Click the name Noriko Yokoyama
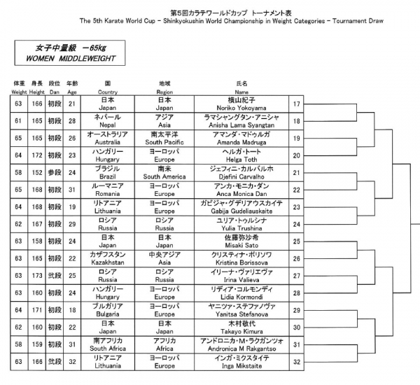pyautogui.click(x=241, y=108)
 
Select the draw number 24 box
pyautogui.click(x=296, y=224)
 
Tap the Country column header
pyautogui.click(x=107, y=92)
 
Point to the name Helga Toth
pyautogui.click(x=241, y=160)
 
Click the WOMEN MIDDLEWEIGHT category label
pyautogui.click(x=71, y=58)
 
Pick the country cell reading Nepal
pyautogui.click(x=107, y=125)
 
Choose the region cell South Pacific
pyautogui.click(x=164, y=142)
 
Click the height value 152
pyautogui.click(x=37, y=172)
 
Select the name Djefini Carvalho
pyautogui.click(x=241, y=177)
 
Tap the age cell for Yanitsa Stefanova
pyautogui.click(x=72, y=310)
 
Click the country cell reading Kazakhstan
pyautogui.click(x=107, y=262)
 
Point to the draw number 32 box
pyautogui.click(x=296, y=362)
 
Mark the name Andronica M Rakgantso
pyautogui.click(x=241, y=349)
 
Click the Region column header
pyautogui.click(x=164, y=92)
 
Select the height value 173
pyautogui.click(x=37, y=275)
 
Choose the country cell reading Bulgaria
pyautogui.click(x=107, y=314)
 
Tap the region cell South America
pyautogui.click(x=164, y=177)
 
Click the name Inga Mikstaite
pyautogui.click(x=241, y=365)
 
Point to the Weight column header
pyautogui.click(x=19, y=92)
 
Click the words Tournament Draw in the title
pyautogui.click(x=358, y=21)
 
